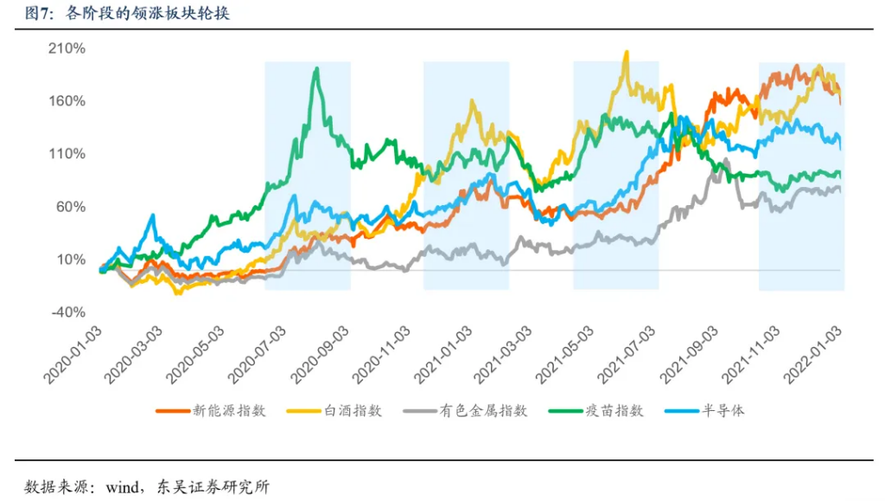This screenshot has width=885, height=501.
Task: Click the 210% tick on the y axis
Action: click(x=67, y=48)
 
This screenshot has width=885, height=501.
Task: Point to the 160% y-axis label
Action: click(x=67, y=101)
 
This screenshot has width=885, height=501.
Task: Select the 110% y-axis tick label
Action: click(x=67, y=154)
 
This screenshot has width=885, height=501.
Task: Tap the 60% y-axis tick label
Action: click(x=70, y=207)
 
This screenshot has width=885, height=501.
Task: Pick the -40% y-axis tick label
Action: click(x=68, y=312)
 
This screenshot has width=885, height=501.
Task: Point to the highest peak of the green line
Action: click(x=317, y=68)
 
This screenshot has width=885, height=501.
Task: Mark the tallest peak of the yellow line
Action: click(x=626, y=52)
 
